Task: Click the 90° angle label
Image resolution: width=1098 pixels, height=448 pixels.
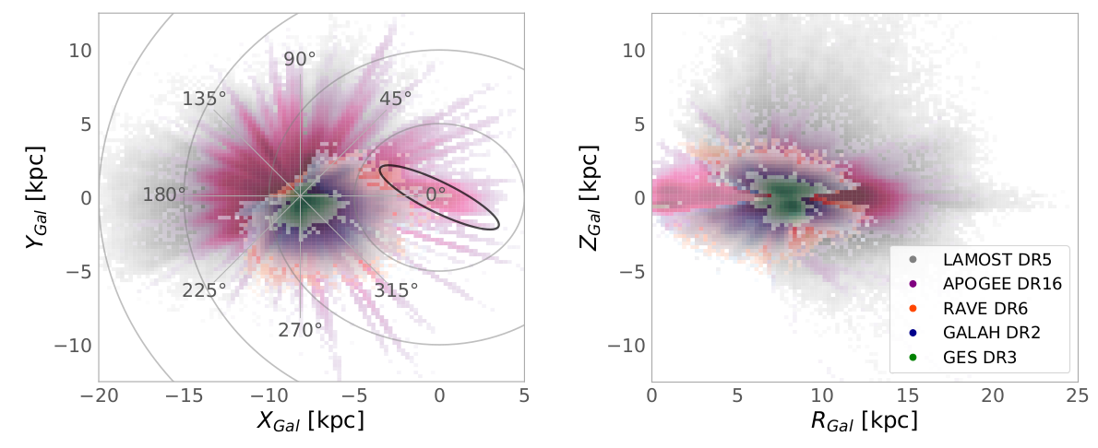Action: [300, 59]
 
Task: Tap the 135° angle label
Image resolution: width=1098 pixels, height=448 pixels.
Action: [205, 100]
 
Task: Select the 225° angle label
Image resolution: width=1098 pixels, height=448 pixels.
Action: [204, 290]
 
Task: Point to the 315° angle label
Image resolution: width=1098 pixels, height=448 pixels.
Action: [396, 290]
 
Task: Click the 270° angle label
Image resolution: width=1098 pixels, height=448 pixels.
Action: [300, 329]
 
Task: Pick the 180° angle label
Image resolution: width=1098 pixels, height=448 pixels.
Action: [164, 195]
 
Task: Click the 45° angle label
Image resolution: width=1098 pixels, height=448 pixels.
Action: [395, 99]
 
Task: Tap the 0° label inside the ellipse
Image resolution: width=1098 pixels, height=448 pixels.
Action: [436, 195]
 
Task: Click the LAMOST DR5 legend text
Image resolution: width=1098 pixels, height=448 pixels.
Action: [989, 261]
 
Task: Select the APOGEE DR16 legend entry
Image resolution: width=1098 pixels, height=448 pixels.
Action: [996, 285]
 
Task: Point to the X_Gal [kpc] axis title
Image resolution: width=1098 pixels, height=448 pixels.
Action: [311, 422]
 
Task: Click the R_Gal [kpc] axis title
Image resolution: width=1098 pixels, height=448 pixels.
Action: [864, 422]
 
